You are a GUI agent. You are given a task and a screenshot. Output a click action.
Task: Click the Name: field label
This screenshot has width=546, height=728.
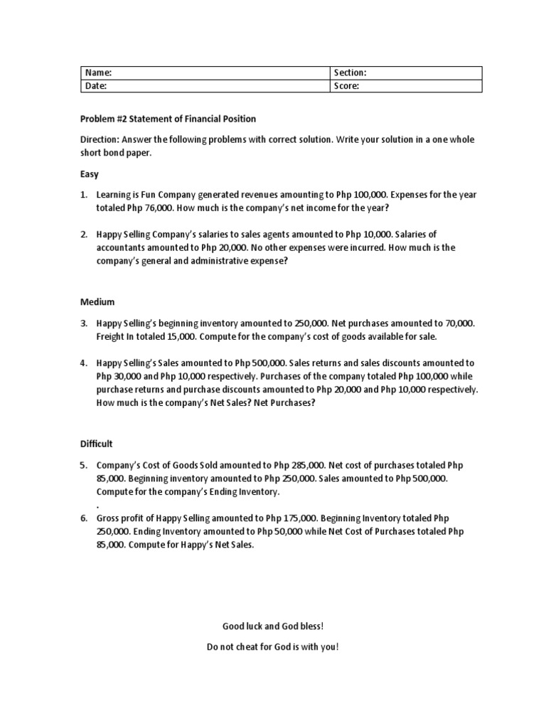tap(98, 73)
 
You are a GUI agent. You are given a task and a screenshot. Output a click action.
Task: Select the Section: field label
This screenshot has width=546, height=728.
tap(350, 73)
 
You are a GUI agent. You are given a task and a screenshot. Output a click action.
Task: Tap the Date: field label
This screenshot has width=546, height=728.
tap(96, 86)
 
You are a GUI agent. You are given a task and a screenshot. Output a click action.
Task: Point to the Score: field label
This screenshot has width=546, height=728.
tap(346, 86)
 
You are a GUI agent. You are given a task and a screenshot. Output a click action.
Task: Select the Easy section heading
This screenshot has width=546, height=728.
tap(89, 174)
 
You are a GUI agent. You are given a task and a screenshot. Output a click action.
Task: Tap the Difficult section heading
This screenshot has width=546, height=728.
tap(96, 444)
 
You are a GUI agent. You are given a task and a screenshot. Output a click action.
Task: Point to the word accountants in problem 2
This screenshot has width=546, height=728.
tap(121, 247)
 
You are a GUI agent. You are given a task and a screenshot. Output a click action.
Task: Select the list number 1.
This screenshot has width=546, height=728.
tap(83, 195)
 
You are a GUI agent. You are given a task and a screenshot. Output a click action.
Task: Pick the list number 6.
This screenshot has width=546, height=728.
tap(83, 518)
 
